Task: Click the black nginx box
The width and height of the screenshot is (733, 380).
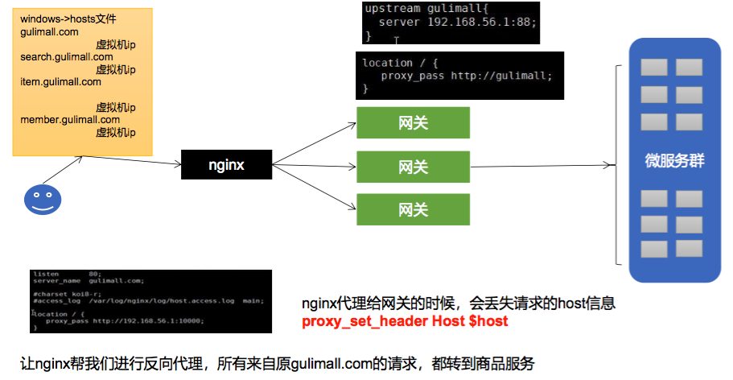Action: coord(226,165)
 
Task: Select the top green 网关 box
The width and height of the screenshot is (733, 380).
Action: coord(413,123)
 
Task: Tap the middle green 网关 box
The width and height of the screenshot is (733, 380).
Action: coord(413,167)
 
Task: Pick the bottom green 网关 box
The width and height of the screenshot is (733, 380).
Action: coord(413,209)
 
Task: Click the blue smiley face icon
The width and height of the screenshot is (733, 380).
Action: coord(42,199)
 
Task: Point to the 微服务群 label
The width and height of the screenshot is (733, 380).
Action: coord(674,160)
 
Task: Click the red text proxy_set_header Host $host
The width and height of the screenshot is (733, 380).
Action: coord(405,321)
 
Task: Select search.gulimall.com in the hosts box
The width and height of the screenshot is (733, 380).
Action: coord(67,57)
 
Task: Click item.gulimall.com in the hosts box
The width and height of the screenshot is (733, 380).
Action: coord(61,81)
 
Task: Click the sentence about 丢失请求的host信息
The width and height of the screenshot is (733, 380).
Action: coord(459,304)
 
